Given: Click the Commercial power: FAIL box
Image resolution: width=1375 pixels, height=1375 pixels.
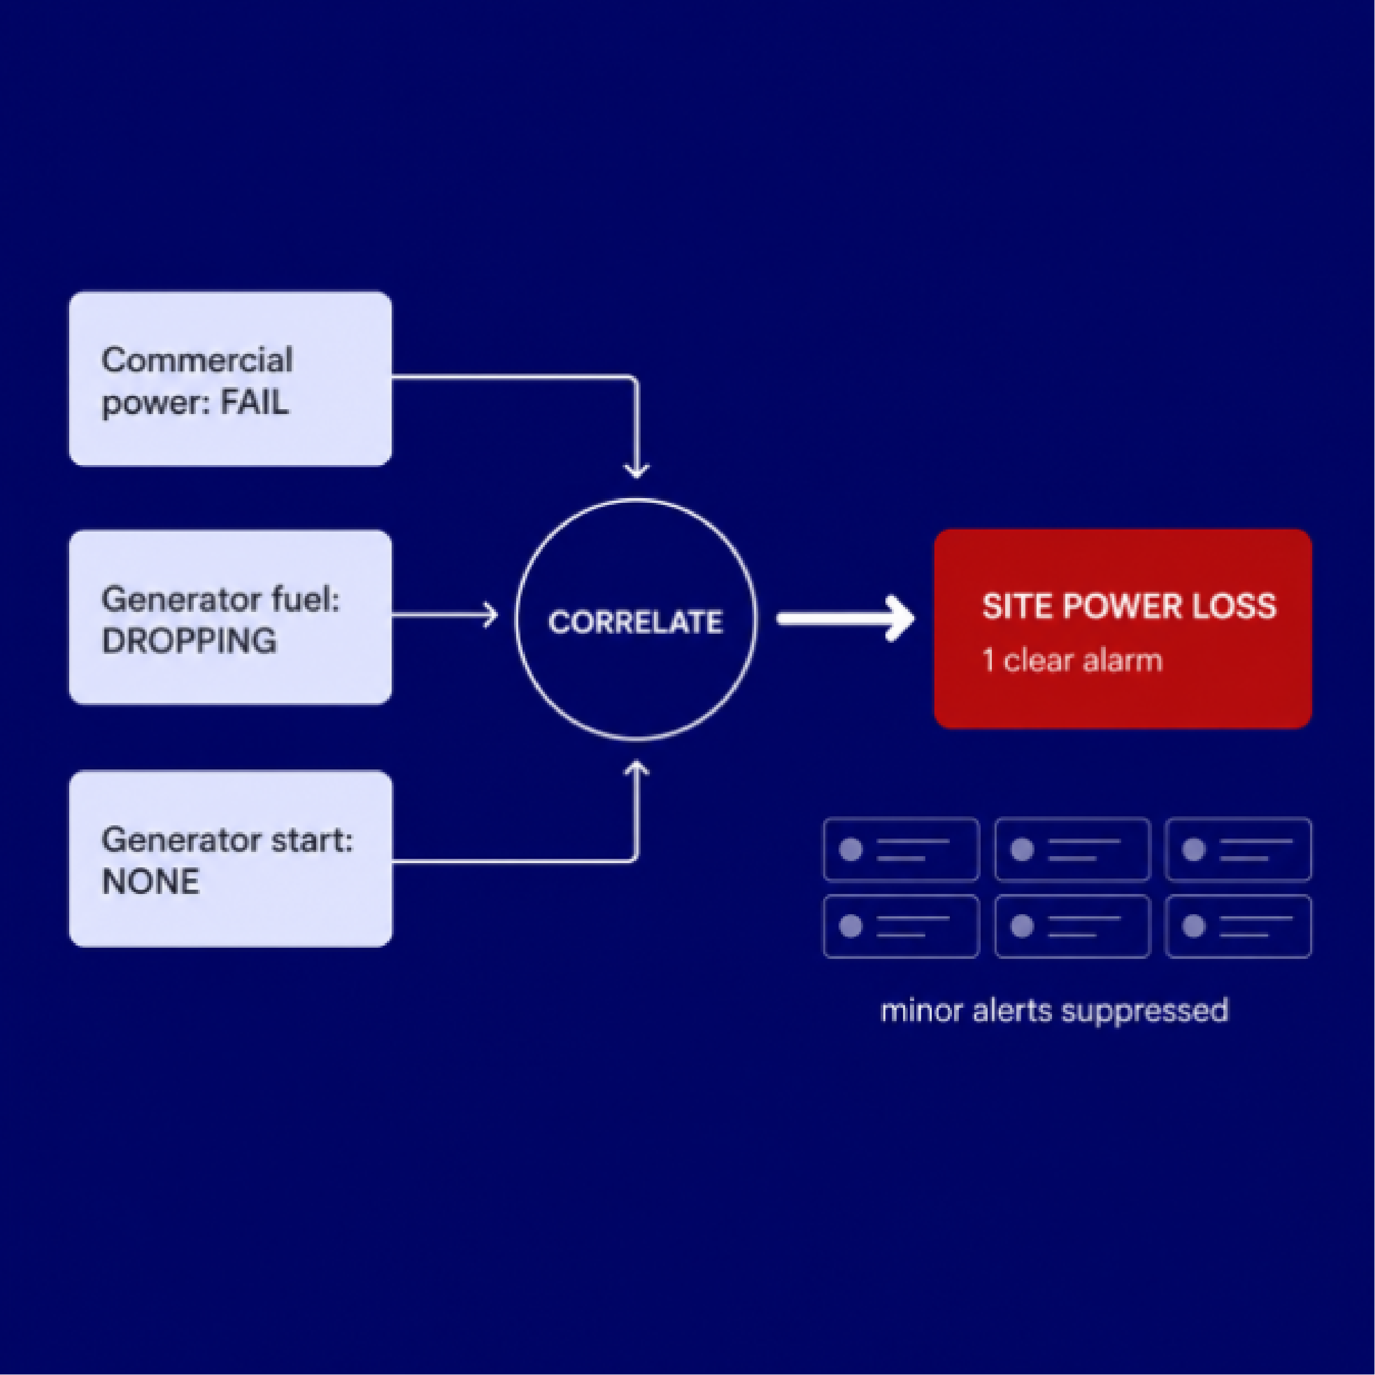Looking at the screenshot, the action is click(x=230, y=379).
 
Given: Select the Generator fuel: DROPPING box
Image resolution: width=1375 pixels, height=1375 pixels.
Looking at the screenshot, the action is click(x=230, y=617).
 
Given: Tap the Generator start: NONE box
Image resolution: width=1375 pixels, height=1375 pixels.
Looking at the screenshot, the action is click(x=230, y=858).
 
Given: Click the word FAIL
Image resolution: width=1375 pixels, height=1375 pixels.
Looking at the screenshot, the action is click(x=254, y=403).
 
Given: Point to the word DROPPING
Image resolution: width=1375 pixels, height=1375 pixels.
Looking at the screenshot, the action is click(x=189, y=641).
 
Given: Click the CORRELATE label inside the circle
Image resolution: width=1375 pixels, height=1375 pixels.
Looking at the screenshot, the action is click(x=635, y=622).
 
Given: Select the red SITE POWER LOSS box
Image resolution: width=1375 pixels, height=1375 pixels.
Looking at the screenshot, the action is click(x=1123, y=629).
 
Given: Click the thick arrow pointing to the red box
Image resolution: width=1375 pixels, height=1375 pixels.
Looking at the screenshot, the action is click(x=846, y=619).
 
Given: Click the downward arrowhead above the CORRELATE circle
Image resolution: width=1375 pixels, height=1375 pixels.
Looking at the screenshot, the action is click(x=636, y=470).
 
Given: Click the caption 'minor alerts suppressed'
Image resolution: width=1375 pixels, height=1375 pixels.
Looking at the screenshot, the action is click(x=1054, y=1010).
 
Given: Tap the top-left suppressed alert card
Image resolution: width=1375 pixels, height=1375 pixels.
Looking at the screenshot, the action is click(x=901, y=849).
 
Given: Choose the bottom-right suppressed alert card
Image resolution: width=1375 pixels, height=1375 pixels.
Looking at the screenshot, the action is click(x=1238, y=926).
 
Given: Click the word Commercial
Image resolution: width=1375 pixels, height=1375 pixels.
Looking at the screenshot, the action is click(x=197, y=360).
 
